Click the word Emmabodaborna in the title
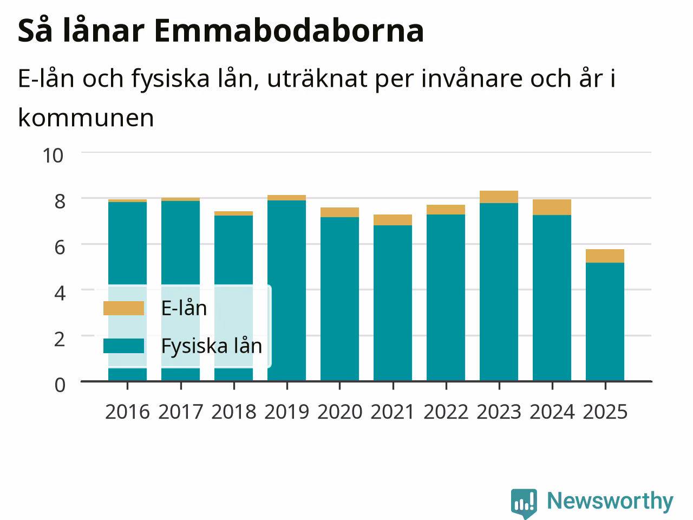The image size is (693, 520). click(x=289, y=31)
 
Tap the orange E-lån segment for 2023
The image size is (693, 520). click(x=499, y=197)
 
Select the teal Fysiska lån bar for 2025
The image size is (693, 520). click(x=605, y=322)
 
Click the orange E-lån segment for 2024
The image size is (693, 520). click(x=552, y=207)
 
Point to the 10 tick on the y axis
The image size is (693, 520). click(x=53, y=155)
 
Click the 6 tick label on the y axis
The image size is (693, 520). click(x=60, y=247)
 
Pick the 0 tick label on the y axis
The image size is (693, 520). click(x=60, y=385)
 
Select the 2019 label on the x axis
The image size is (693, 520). click(x=286, y=412)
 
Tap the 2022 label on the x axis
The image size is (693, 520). click(x=446, y=412)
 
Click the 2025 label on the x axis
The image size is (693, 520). click(x=605, y=412)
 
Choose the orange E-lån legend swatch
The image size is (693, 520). click(x=124, y=308)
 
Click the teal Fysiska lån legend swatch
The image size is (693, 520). click(x=124, y=346)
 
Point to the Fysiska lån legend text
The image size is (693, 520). click(x=212, y=346)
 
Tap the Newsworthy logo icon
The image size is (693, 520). click(x=524, y=503)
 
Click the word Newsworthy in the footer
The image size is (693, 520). click(x=610, y=501)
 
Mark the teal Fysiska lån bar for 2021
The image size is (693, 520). click(x=393, y=303)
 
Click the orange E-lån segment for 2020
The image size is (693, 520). click(x=339, y=212)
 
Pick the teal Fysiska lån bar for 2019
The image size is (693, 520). click(x=286, y=291)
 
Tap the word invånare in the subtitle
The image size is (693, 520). click(x=472, y=79)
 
